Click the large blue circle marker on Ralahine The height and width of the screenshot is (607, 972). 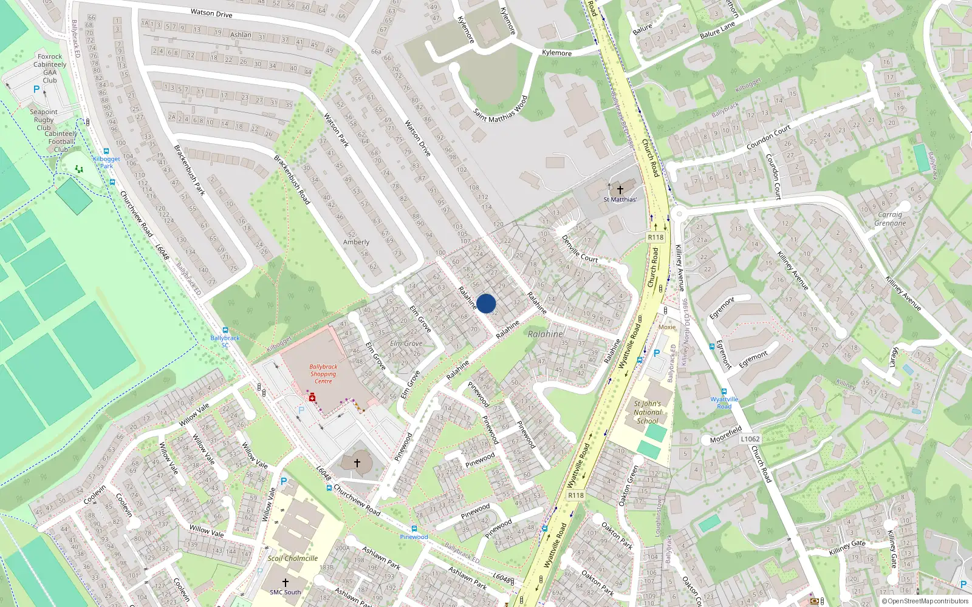click(486, 303)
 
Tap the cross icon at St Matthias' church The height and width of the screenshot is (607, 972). click(620, 190)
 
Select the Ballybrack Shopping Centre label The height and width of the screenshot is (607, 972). click(323, 374)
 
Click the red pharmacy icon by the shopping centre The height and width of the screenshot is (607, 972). click(312, 398)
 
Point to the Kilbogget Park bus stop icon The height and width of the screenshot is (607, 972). click(106, 152)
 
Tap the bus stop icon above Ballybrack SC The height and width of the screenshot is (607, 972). click(225, 330)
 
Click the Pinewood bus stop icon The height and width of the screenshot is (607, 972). click(414, 529)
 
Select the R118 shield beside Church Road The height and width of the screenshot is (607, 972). click(655, 237)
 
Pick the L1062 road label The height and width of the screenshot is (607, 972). click(750, 439)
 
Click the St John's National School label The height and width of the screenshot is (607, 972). click(647, 412)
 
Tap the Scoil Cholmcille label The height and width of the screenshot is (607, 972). click(293, 558)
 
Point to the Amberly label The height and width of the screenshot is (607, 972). click(356, 242)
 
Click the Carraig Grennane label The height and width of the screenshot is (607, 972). click(890, 219)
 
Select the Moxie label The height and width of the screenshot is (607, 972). click(667, 327)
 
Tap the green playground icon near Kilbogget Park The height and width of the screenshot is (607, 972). click(78, 170)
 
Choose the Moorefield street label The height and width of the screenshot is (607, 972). click(726, 435)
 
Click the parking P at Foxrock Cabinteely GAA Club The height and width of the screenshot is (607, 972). click(36, 89)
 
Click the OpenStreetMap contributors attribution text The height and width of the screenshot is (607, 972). click(925, 602)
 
